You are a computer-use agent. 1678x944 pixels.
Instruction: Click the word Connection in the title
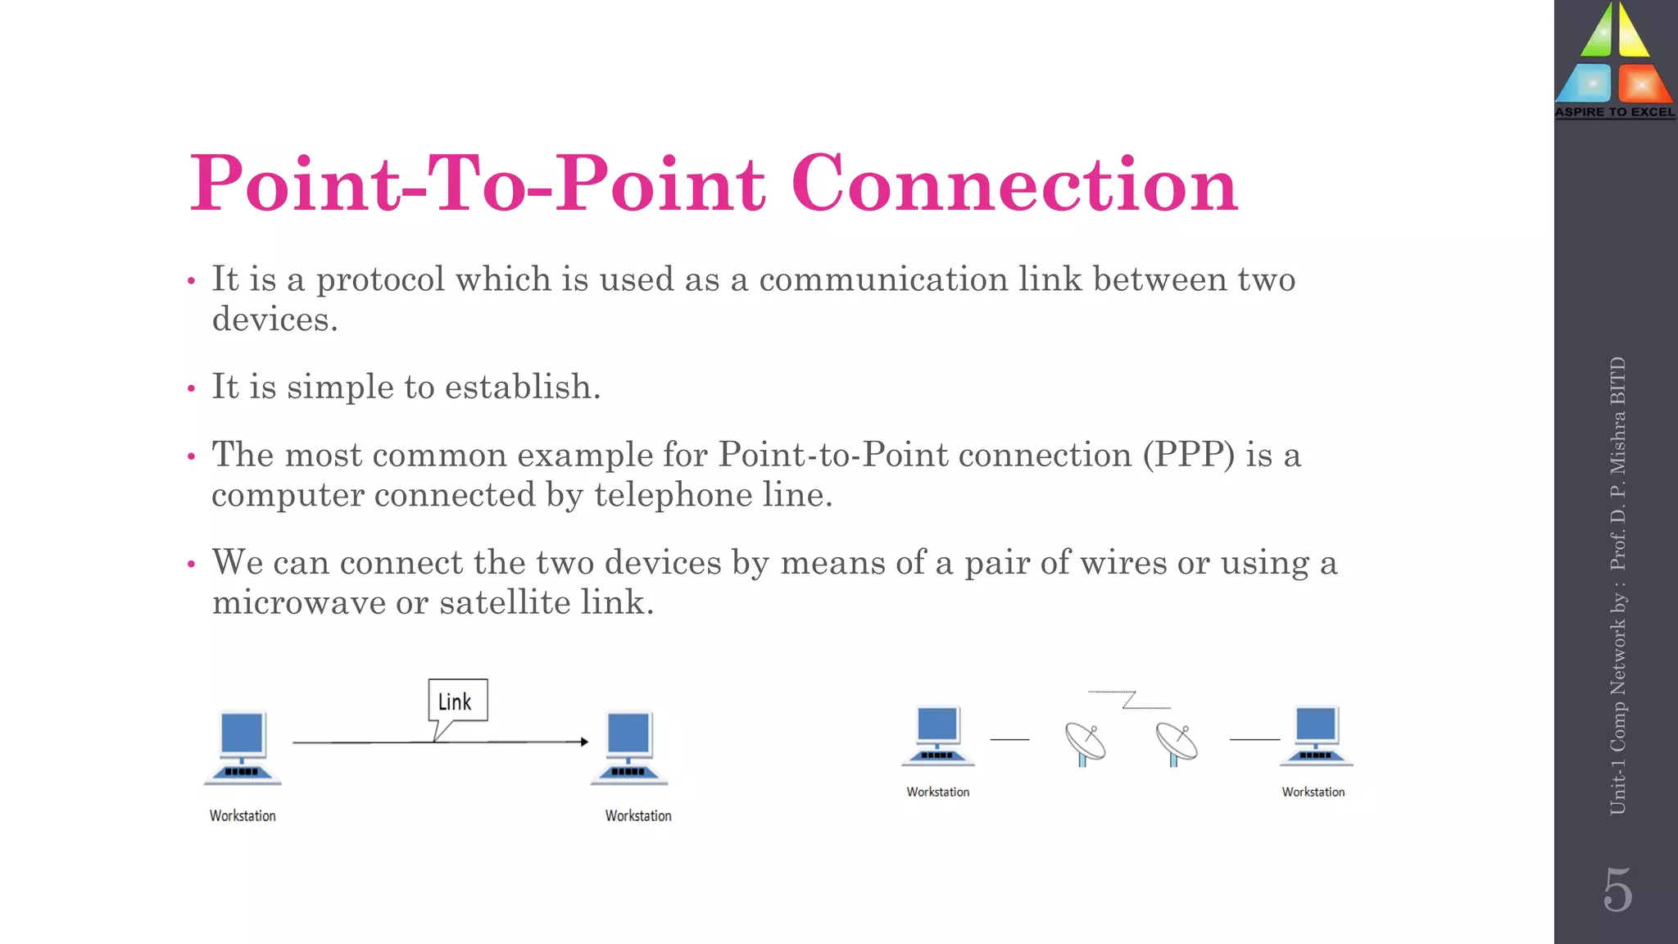tap(1014, 184)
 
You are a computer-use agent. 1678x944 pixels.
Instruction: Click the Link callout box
tap(457, 700)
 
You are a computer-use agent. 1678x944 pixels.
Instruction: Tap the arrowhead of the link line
tap(583, 742)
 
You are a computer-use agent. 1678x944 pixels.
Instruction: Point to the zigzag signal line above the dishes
tap(1129, 699)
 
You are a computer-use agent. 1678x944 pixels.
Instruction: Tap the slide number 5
tap(1617, 890)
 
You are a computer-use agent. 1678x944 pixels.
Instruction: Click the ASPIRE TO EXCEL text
tap(1615, 112)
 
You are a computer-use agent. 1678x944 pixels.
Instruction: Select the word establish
tap(522, 387)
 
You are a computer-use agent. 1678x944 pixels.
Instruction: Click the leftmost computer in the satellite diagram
tap(937, 735)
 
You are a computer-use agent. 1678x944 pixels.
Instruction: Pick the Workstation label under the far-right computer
tap(1313, 792)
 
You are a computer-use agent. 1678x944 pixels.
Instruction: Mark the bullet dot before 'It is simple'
tap(191, 388)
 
